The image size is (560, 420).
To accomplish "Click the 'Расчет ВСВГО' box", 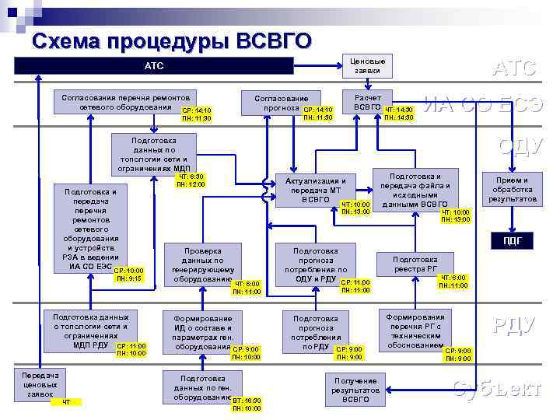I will click(x=367, y=103).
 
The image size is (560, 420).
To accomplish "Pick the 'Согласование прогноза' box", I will click(x=281, y=103).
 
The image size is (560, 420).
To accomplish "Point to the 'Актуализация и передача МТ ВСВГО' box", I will click(x=315, y=189).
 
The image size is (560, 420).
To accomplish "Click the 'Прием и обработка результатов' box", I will click(x=512, y=189).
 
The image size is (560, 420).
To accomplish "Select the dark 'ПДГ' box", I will click(x=512, y=241).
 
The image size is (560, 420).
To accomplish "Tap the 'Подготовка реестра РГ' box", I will click(x=415, y=264).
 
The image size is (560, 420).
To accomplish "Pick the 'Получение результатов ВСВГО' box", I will click(x=355, y=389).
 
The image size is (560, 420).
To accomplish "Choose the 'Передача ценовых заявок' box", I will click(x=39, y=384).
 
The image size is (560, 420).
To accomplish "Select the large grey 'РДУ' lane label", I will click(x=515, y=325).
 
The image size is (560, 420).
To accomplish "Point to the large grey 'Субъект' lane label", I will click(x=497, y=388).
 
